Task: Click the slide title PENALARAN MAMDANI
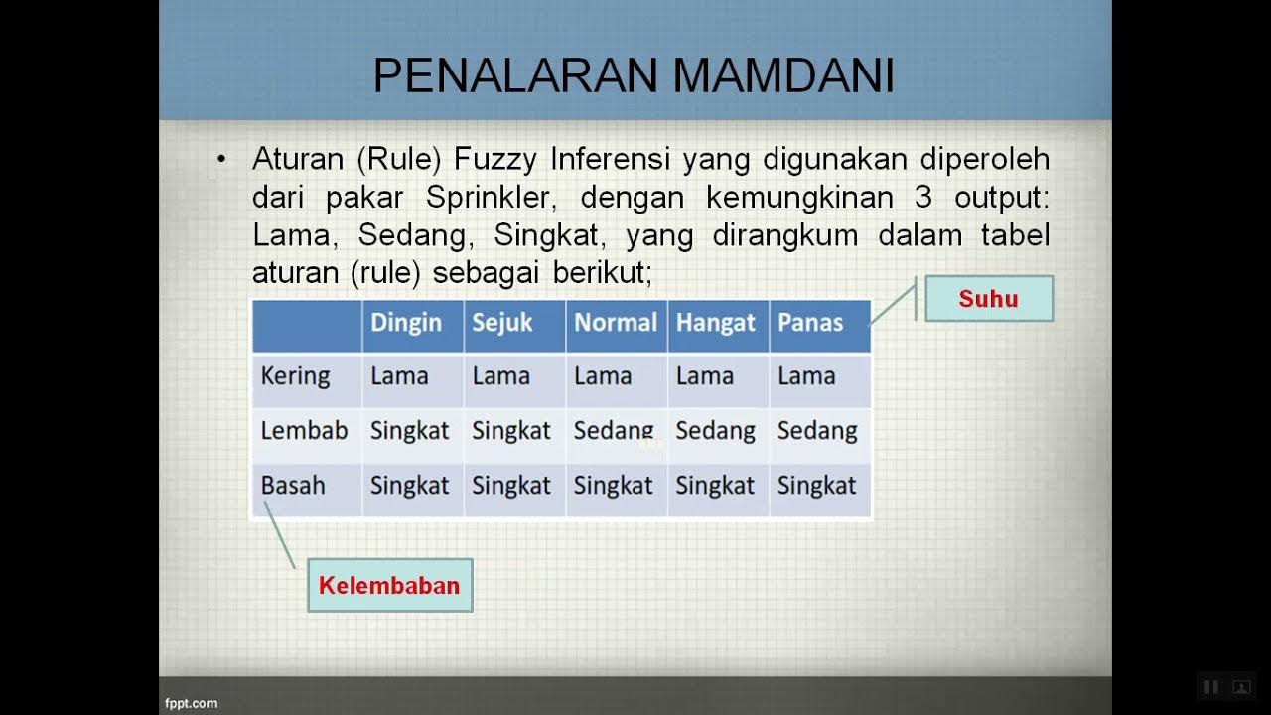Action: [634, 75]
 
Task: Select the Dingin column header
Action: [406, 323]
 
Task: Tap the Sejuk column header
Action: [502, 323]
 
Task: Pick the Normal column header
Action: [616, 323]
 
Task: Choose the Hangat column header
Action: [716, 323]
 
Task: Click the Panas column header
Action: [810, 323]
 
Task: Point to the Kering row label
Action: [295, 376]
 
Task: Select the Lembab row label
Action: [304, 431]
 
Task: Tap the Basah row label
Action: [293, 486]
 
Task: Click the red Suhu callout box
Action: [988, 299]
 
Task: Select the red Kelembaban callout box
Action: [389, 585]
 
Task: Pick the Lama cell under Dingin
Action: [399, 376]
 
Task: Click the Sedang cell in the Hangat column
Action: [715, 431]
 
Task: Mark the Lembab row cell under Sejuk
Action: [511, 431]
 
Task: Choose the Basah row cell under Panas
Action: [816, 486]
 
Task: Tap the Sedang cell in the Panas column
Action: [817, 431]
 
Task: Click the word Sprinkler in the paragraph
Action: [488, 198]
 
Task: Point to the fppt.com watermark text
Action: [191, 703]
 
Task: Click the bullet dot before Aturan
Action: [221, 159]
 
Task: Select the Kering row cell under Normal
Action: [603, 376]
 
